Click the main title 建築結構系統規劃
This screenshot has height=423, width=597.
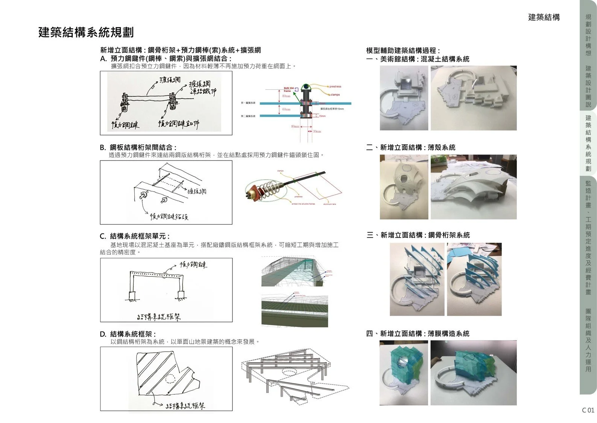86,32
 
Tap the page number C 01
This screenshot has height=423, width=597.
588,410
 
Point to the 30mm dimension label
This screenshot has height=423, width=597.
317,131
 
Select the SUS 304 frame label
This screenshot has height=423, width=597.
288,90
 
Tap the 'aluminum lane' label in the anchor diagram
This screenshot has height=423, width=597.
329,204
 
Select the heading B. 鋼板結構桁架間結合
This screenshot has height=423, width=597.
138,147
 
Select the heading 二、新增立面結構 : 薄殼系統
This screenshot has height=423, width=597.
411,147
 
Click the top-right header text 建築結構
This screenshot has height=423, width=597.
544,17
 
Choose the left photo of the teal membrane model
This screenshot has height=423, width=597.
404,373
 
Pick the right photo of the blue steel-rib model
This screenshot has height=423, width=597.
474,279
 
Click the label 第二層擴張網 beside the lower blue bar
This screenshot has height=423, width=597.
248,116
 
